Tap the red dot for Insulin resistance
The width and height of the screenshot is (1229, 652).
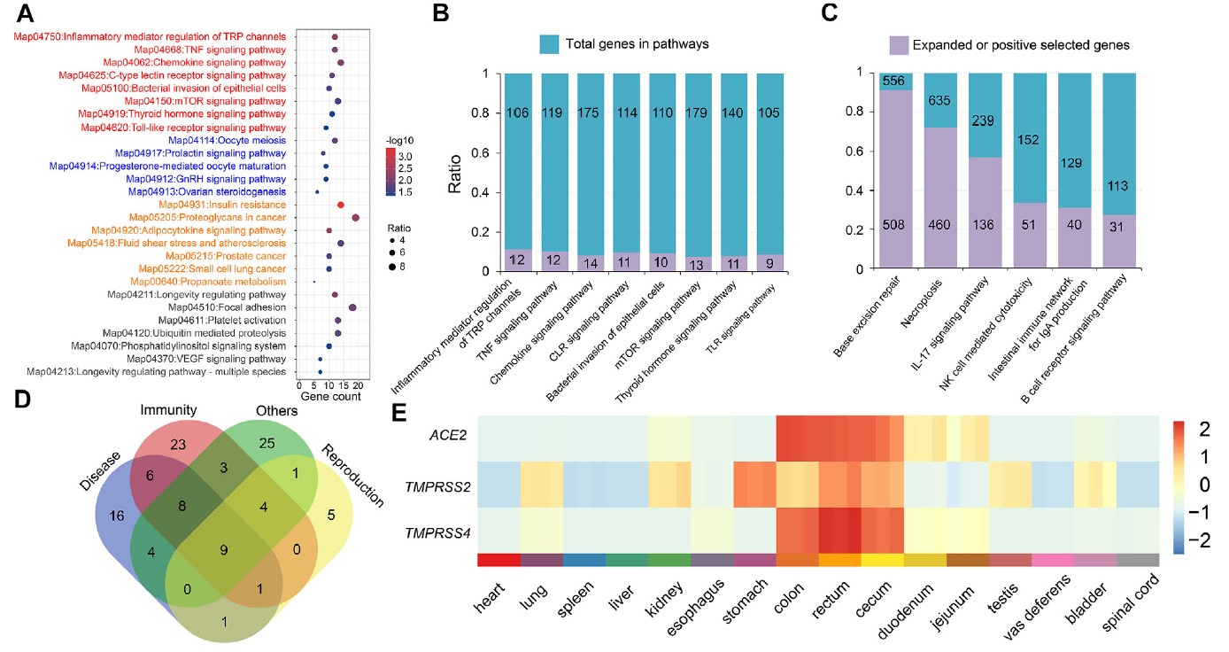click(x=340, y=205)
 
